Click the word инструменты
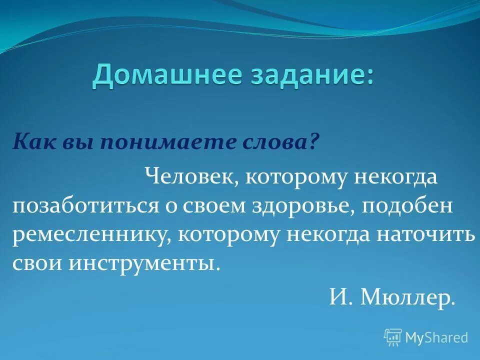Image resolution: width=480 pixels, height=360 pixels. coord(144,263)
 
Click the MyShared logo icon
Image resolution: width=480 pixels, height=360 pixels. coord(393,337)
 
